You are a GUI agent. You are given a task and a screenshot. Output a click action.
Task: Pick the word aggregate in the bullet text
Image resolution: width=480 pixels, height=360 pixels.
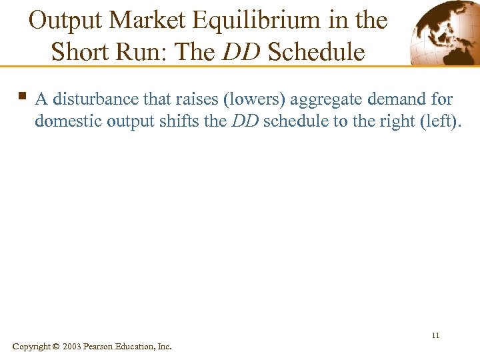click(326, 100)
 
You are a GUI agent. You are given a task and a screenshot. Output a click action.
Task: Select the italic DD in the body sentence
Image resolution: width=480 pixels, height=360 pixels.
click(245, 121)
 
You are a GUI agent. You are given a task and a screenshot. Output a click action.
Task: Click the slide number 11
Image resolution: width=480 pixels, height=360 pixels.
click(435, 335)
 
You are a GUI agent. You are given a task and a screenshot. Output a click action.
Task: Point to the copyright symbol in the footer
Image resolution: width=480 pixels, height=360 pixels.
click(55, 346)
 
